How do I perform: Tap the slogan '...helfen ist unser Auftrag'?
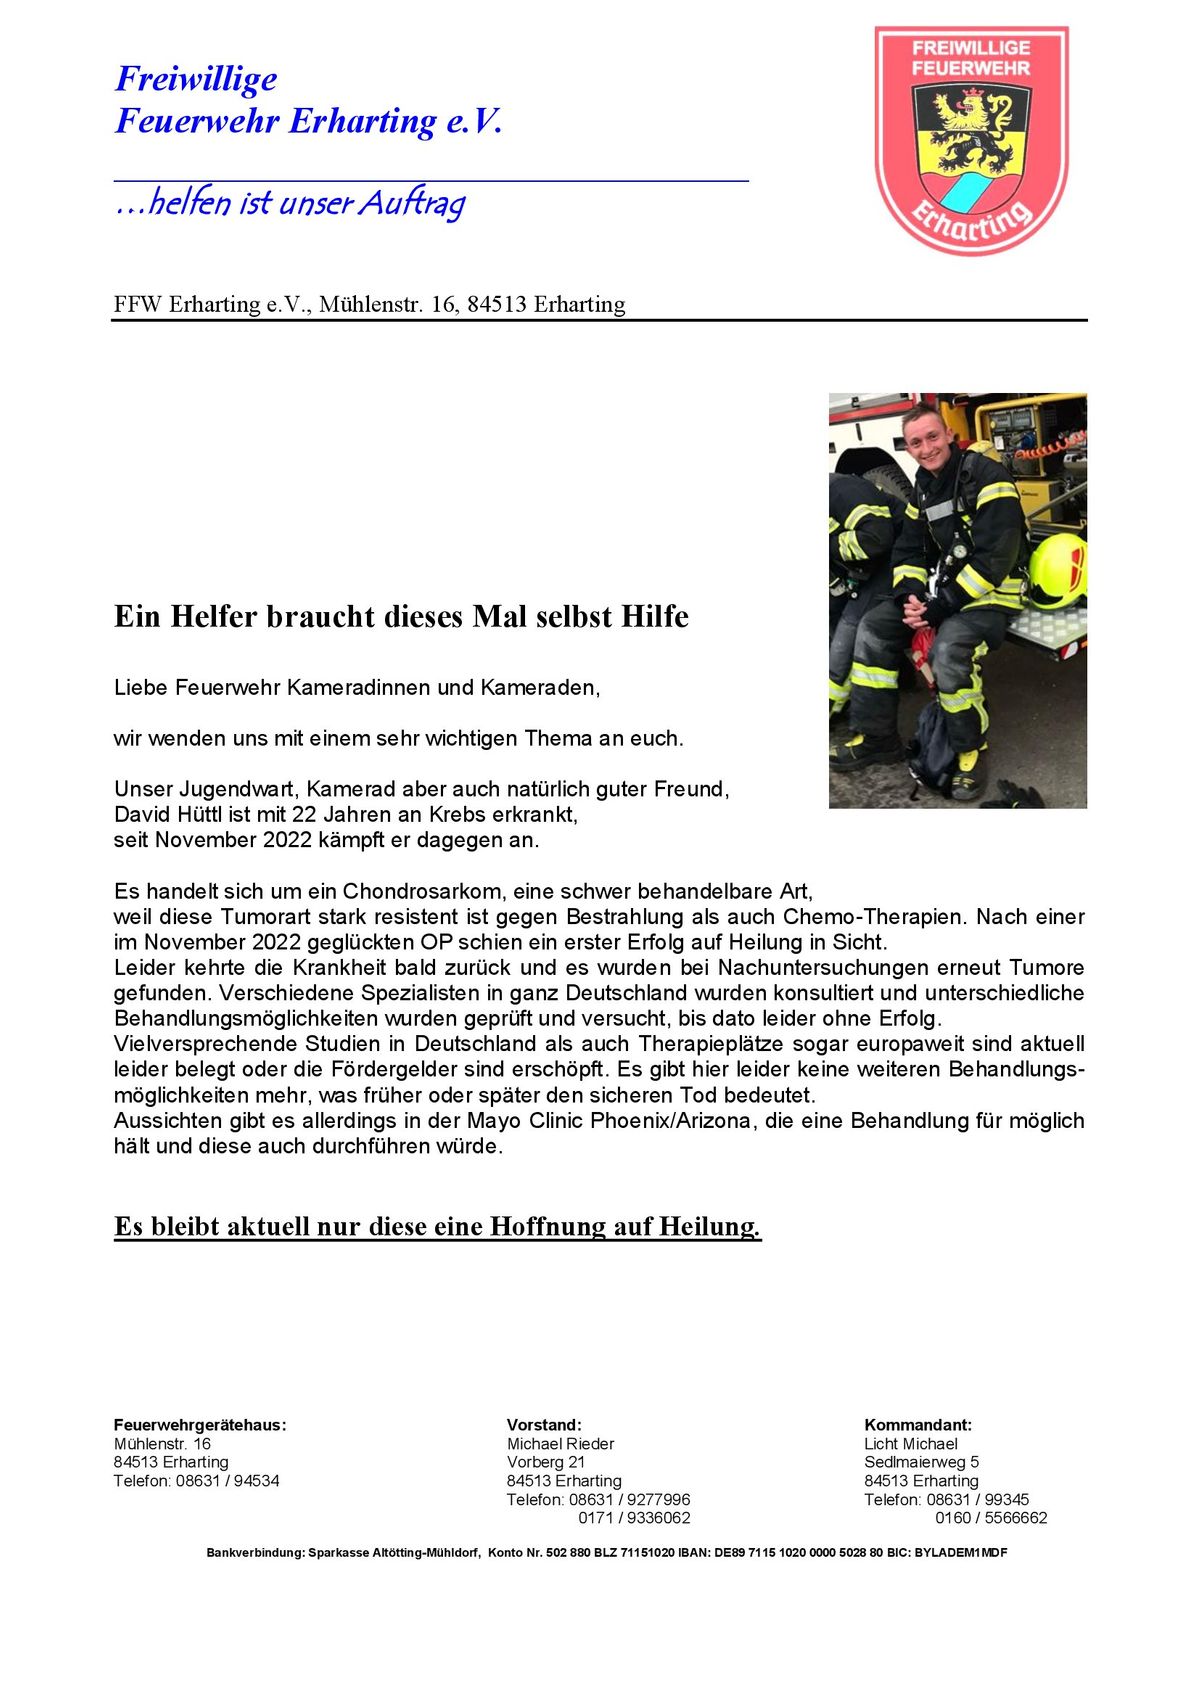pyautogui.click(x=290, y=203)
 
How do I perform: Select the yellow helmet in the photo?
pyautogui.click(x=1058, y=570)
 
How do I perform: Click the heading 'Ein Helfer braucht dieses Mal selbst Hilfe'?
pyautogui.click(x=401, y=616)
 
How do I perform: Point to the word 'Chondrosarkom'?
pyautogui.click(x=422, y=891)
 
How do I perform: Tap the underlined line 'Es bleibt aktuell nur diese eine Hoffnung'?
pyautogui.click(x=437, y=1226)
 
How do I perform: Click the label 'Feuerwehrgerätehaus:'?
pyautogui.click(x=200, y=1425)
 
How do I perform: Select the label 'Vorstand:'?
pyautogui.click(x=544, y=1425)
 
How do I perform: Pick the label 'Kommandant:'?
pyautogui.click(x=918, y=1425)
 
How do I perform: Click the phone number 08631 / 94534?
pyautogui.click(x=228, y=1481)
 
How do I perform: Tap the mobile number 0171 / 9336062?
pyautogui.click(x=634, y=1518)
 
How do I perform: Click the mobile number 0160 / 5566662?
pyautogui.click(x=991, y=1518)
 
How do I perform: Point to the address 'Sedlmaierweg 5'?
pyautogui.click(x=921, y=1462)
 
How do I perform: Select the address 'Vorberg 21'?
pyautogui.click(x=546, y=1462)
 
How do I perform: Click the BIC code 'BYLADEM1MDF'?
pyautogui.click(x=961, y=1553)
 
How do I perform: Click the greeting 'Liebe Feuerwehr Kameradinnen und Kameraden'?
pyautogui.click(x=356, y=688)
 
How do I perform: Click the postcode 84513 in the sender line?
pyautogui.click(x=497, y=304)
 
